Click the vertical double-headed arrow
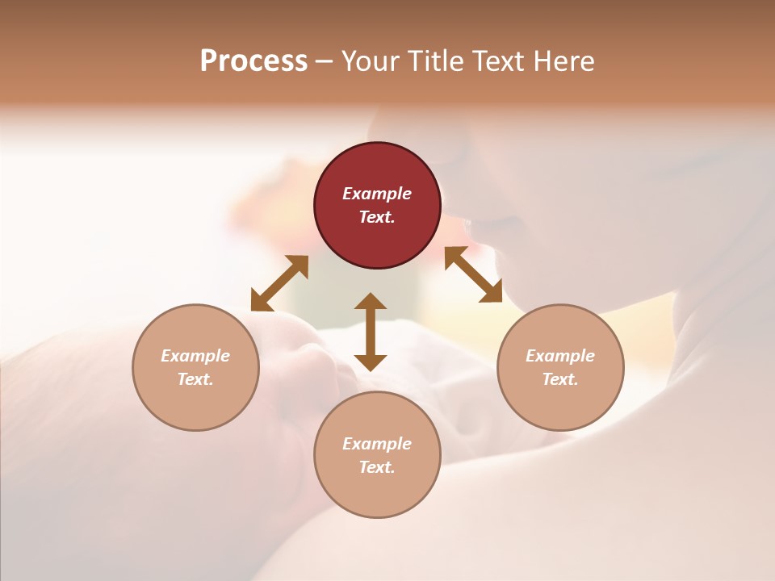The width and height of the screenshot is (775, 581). click(x=371, y=332)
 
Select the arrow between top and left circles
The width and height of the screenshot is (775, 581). click(x=279, y=283)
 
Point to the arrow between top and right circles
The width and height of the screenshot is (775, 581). click(x=473, y=274)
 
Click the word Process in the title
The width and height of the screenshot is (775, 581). click(x=253, y=61)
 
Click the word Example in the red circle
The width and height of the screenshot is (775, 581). click(x=377, y=194)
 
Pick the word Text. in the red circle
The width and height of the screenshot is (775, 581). click(x=377, y=217)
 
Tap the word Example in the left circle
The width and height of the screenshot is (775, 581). click(x=195, y=356)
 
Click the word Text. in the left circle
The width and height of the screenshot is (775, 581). click(x=195, y=379)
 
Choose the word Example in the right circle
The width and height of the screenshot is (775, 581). click(x=560, y=356)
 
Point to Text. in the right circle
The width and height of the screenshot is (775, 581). click(x=560, y=379)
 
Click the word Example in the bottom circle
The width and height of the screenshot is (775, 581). click(x=377, y=444)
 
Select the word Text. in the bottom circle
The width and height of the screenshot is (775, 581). click(x=377, y=467)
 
